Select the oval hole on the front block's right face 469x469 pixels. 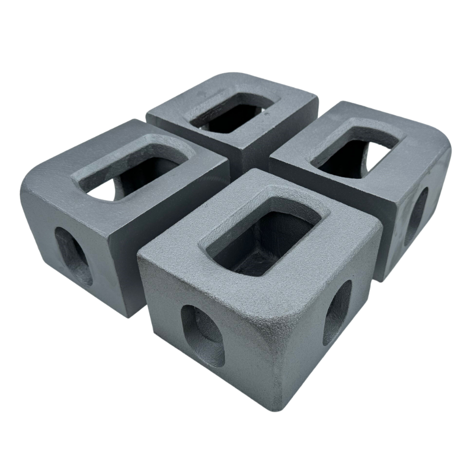[337, 313]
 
